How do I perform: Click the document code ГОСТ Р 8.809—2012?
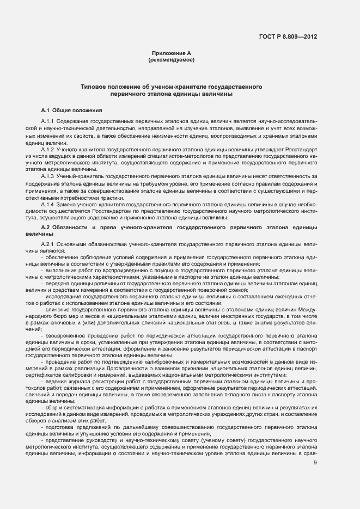[x=289, y=36]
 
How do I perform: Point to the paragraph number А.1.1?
[x=47, y=121]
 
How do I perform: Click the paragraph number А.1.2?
[x=47, y=149]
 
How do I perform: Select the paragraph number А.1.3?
[x=47, y=176]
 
